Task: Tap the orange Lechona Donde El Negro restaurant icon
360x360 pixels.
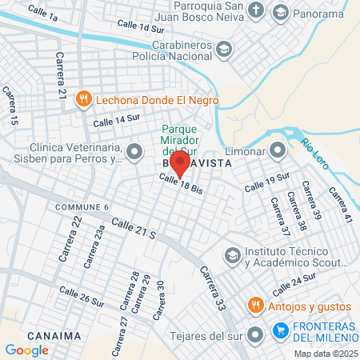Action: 84,100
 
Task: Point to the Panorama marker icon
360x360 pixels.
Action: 280,12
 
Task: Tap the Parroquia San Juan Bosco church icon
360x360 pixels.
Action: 256,11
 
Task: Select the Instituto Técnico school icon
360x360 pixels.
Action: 233,255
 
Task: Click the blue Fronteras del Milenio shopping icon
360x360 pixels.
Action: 280,330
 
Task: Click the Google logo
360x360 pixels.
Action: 26,350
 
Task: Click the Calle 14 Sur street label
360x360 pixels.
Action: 117,121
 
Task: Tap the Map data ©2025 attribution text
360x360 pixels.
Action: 325,354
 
